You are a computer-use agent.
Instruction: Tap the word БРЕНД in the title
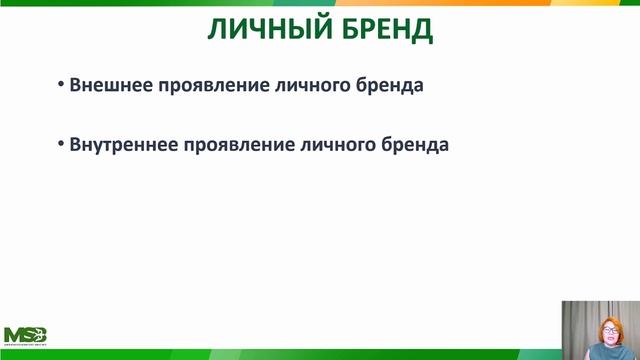click(384, 30)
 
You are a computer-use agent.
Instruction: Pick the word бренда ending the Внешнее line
click(390, 85)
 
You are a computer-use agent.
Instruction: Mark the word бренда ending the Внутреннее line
click(416, 144)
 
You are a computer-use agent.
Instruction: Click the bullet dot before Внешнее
click(61, 85)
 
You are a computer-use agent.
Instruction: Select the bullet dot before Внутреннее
click(61, 144)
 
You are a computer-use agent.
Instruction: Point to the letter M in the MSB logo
click(13, 334)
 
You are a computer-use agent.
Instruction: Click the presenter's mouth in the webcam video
click(606, 336)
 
